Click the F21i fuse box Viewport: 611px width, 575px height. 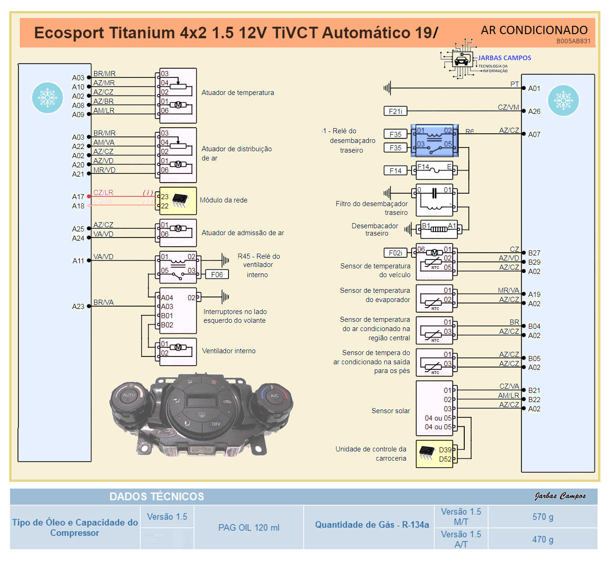(x=395, y=111)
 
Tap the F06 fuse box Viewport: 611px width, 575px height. (x=216, y=274)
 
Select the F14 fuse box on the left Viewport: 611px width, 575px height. (x=395, y=171)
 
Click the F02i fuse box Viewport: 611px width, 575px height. (x=395, y=253)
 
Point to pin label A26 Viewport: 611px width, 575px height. (x=534, y=111)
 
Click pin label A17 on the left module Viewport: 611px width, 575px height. (x=78, y=197)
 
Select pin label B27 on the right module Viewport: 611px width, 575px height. (x=534, y=253)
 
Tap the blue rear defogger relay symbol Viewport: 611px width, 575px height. (x=434, y=140)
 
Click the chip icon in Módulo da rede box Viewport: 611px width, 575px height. (x=180, y=200)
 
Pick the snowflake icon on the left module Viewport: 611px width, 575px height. (x=47, y=98)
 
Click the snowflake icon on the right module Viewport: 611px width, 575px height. (x=563, y=101)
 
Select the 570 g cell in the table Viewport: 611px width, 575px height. (x=543, y=517)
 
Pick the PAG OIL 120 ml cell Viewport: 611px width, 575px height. (x=249, y=528)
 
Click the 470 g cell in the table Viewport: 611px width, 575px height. (x=543, y=539)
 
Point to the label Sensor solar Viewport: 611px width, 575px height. (x=390, y=411)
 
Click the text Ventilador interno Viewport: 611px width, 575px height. (x=228, y=351)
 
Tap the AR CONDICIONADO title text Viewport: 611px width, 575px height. (x=534, y=30)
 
